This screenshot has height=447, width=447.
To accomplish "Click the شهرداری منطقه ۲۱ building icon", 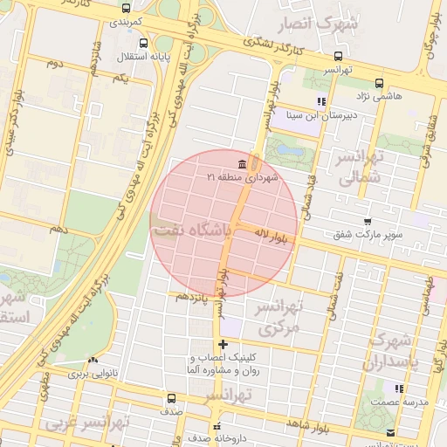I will point(240,165).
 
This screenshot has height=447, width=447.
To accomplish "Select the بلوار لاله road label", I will point(272,235).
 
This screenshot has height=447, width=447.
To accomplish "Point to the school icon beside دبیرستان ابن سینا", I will point(321,101).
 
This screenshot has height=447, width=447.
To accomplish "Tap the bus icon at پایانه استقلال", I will point(143,43).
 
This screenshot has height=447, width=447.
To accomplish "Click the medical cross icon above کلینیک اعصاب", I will point(223,345).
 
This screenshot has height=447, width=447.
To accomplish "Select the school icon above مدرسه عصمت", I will point(400,389).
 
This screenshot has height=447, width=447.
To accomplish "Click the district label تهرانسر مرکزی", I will point(280,319).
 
